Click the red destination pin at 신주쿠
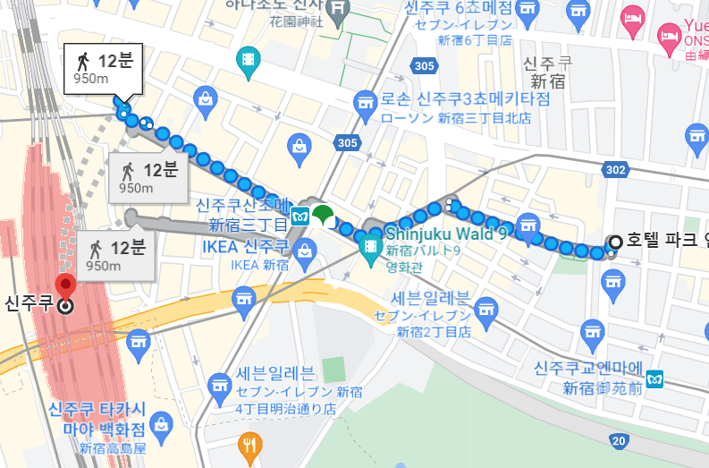65,288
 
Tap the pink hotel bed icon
634,17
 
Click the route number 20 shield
619,440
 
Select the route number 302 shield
614,169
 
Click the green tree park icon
323,216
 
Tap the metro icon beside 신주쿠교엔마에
657,379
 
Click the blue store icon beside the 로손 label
365,101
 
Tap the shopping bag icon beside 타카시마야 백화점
161,421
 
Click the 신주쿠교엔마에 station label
590,368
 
